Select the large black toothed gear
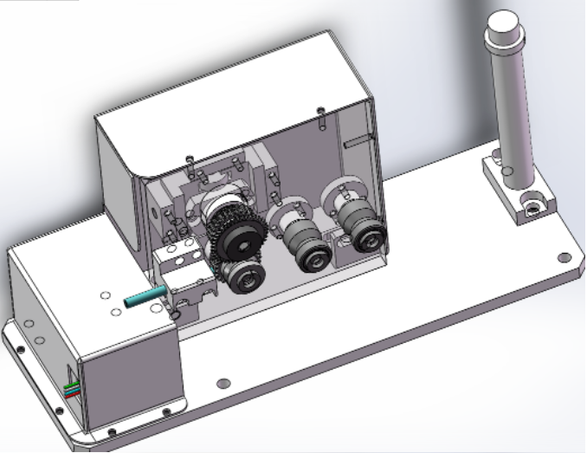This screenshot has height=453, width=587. pos(234,243)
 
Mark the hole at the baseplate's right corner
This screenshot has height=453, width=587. pos(564,257)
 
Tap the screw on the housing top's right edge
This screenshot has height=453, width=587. pos(322,111)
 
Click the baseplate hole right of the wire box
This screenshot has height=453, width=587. pos(223,382)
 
